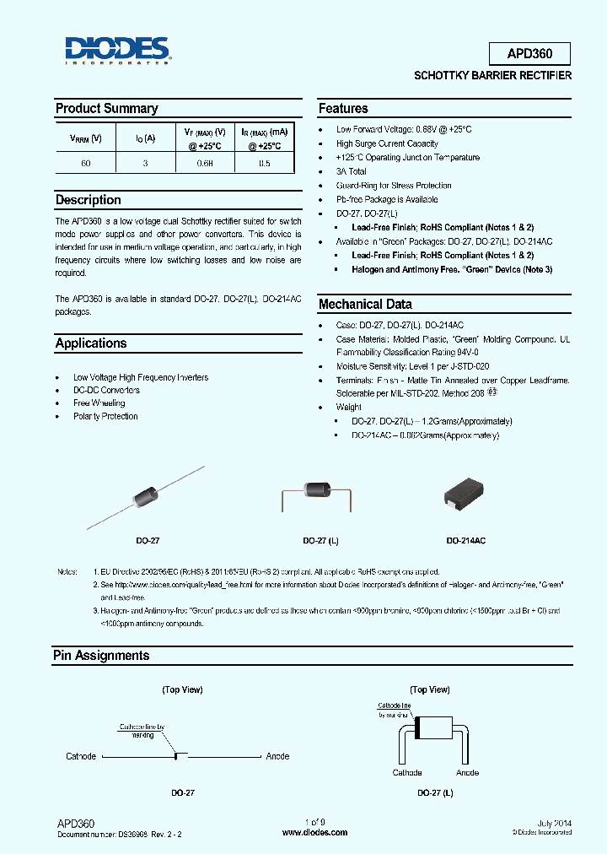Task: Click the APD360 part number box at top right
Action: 529,54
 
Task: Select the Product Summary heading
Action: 106,109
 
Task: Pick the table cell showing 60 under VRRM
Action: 86,164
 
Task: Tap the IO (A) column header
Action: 145,138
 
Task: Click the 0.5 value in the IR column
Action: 264,164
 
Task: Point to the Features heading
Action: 343,109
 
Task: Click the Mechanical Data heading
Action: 365,305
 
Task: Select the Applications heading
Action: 91,343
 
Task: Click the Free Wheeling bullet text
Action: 99,403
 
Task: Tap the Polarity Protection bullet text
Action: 105,416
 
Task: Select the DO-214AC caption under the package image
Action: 465,539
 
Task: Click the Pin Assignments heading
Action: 101,656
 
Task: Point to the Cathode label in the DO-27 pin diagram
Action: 81,756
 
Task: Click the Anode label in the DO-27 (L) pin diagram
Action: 467,773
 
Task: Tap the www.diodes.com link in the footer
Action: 314,832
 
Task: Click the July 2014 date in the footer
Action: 554,822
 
